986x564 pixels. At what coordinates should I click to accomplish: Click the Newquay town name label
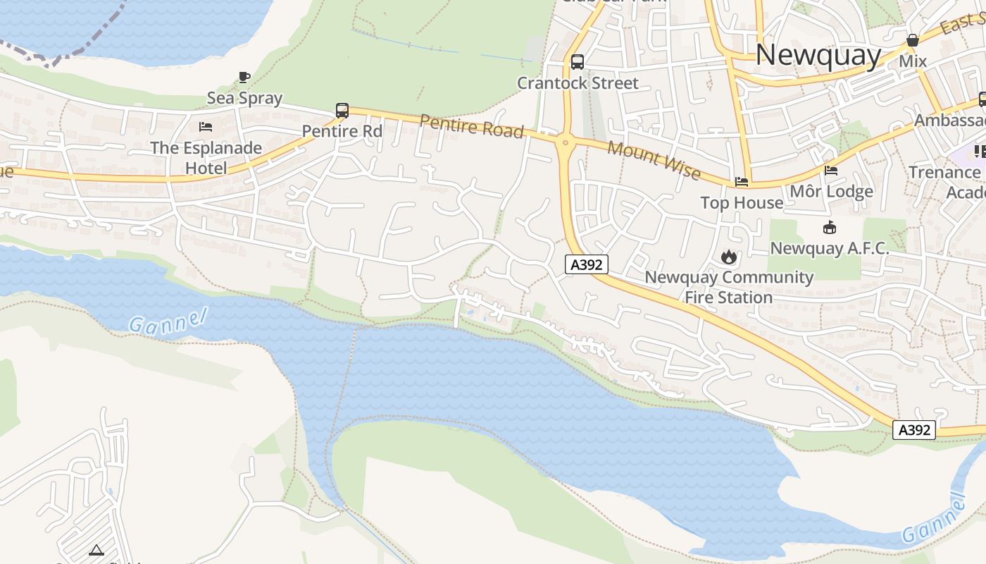[x=818, y=55]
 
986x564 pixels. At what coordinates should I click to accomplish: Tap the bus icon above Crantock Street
[x=578, y=61]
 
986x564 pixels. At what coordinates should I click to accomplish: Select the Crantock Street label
[x=578, y=83]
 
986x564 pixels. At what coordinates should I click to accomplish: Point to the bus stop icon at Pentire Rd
[x=342, y=110]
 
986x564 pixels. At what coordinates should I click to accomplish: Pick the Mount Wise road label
[x=654, y=160]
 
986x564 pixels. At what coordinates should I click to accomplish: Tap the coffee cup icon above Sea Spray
[x=244, y=77]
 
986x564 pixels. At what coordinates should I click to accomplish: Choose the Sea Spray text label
[x=244, y=98]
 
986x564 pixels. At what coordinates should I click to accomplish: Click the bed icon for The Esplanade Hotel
[x=206, y=127]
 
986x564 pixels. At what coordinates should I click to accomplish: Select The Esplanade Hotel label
[x=206, y=158]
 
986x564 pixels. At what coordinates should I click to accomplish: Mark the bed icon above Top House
[x=742, y=182]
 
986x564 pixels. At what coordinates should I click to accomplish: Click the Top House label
[x=742, y=203]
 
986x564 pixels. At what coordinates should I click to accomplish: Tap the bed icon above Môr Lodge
[x=831, y=170]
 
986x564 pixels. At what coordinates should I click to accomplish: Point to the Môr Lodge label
[x=831, y=191]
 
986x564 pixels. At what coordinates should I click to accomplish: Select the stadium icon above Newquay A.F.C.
[x=830, y=227]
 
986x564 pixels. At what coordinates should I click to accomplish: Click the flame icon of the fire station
[x=729, y=257]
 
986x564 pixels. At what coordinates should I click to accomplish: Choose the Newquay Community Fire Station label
[x=729, y=287]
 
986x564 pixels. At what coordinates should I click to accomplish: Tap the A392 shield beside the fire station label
[x=586, y=264]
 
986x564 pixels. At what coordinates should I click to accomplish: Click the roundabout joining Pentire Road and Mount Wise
[x=564, y=142]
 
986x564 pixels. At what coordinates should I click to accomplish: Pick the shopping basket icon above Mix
[x=913, y=40]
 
